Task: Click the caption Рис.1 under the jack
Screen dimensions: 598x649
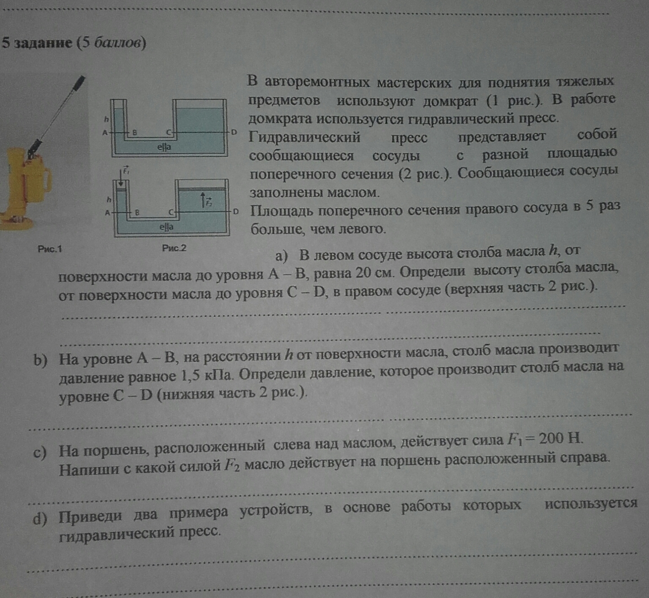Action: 49,249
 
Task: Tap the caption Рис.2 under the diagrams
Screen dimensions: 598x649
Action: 174,248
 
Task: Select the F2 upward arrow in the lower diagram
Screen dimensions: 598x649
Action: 203,200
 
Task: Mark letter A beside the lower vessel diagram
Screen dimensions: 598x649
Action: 107,212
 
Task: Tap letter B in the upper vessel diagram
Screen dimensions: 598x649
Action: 135,132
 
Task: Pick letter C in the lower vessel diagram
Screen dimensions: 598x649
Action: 171,212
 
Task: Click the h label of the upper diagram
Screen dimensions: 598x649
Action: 106,120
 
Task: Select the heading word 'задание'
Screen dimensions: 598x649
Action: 43,43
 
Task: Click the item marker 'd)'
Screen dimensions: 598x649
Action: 40,518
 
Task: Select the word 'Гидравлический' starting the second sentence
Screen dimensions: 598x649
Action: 304,137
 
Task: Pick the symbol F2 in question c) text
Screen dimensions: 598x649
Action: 232,466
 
